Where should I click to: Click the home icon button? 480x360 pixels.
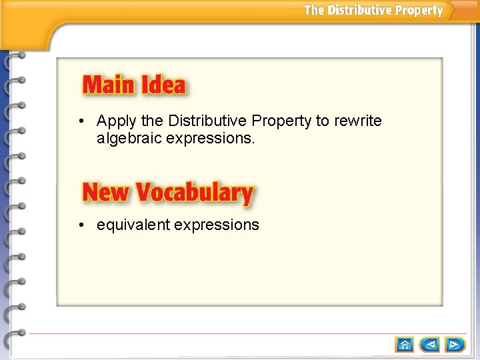pyautogui.click(x=405, y=344)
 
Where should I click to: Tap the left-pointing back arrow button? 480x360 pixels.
pyautogui.click(x=431, y=344)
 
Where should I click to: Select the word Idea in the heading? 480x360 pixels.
pyautogui.click(x=163, y=85)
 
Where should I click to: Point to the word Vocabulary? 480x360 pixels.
pyautogui.click(x=195, y=193)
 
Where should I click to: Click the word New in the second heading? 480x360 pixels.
pyautogui.click(x=105, y=193)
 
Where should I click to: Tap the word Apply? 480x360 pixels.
pyautogui.click(x=117, y=121)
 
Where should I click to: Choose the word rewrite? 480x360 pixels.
pyautogui.click(x=358, y=121)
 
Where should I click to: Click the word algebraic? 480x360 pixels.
pyautogui.click(x=129, y=139)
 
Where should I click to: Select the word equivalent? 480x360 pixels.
pyautogui.click(x=133, y=225)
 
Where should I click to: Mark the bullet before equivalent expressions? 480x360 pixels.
pyautogui.click(x=80, y=225)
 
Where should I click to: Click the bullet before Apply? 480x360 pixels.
pyautogui.click(x=80, y=121)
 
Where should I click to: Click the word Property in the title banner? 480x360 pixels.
pyautogui.click(x=419, y=10)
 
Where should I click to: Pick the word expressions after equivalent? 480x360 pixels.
pyautogui.click(x=217, y=225)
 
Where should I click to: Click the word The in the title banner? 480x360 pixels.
pyautogui.click(x=314, y=10)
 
